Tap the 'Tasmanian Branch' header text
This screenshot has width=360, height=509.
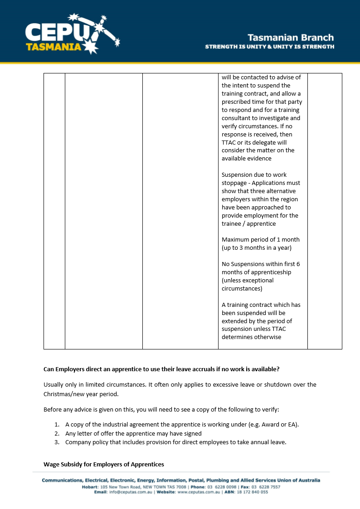click(x=291, y=38)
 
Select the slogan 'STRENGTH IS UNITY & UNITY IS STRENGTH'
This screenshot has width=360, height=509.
click(x=270, y=47)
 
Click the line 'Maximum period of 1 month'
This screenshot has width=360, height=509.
click(x=260, y=240)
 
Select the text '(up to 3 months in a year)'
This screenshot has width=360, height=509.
click(x=256, y=248)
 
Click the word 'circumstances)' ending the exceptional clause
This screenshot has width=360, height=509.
click(x=242, y=289)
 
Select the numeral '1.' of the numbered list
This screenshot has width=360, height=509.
click(x=57, y=425)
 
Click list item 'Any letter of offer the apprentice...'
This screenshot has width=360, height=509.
click(x=133, y=434)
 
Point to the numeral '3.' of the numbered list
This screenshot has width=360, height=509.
click(x=57, y=442)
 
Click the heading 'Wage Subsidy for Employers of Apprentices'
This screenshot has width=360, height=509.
click(x=103, y=465)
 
